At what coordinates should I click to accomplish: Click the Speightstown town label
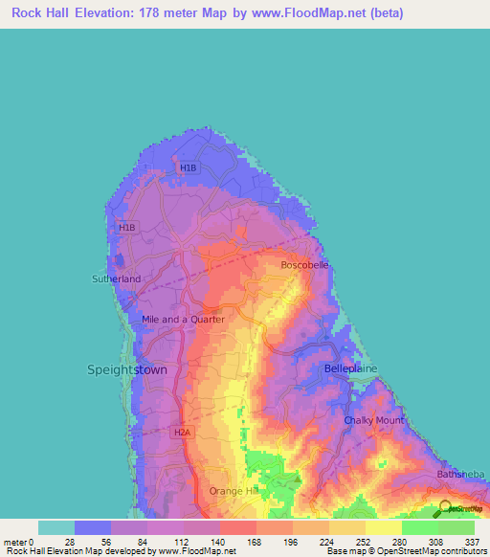[x=127, y=369]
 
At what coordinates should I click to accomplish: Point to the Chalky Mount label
[x=372, y=420]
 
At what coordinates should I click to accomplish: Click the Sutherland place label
[x=116, y=278]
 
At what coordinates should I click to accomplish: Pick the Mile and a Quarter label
[x=183, y=320]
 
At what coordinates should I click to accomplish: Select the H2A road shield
[x=183, y=433]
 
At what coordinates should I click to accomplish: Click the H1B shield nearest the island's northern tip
[x=188, y=168]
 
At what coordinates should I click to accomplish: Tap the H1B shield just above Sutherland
[x=126, y=228]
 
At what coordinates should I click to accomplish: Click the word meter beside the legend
[x=13, y=542]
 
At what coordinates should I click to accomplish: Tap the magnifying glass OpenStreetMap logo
[x=445, y=507]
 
